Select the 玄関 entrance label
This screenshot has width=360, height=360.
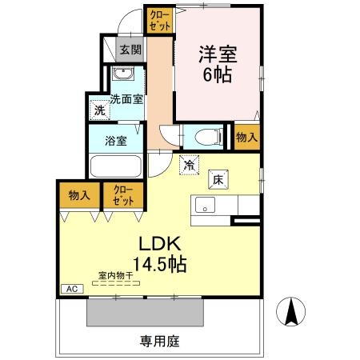coord(130,49)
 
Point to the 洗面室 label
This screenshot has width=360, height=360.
coord(126,100)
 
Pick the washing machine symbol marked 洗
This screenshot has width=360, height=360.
coord(99,110)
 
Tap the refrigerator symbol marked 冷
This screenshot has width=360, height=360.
coord(190,166)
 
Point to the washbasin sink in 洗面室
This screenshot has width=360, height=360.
coord(123,75)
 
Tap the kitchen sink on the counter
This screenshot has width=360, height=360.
coord(205,204)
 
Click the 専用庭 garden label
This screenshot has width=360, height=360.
coord(160,340)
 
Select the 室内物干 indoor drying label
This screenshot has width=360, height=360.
coord(116,275)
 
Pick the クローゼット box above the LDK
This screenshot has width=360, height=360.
coord(123,194)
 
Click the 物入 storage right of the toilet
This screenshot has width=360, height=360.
coord(246,137)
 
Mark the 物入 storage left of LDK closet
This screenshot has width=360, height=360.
coord(78,194)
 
